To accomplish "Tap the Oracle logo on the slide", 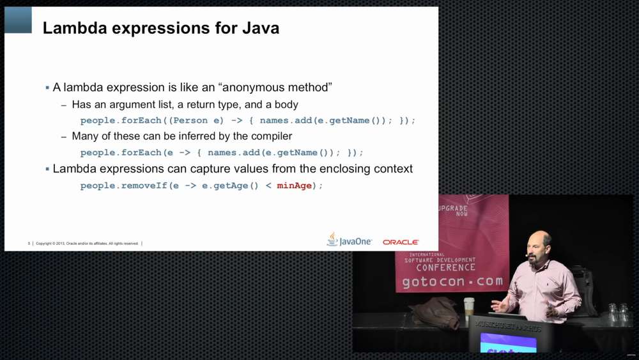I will point(401,242).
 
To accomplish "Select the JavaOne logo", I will point(350,240).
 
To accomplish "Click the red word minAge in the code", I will point(294,185).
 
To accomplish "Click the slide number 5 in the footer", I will point(29,244).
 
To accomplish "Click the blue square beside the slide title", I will point(18,20).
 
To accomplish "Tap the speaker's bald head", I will point(541,241).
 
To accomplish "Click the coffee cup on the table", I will point(469,308).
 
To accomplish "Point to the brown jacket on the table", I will point(435,311).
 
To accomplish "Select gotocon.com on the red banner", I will point(452,281).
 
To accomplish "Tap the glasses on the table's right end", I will point(618,313).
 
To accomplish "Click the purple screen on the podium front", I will point(508,343).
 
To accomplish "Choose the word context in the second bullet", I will point(390,169).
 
